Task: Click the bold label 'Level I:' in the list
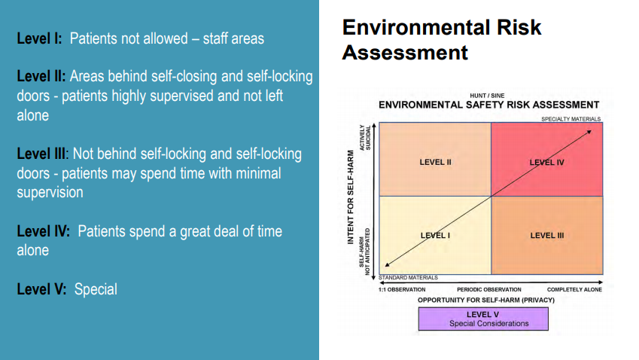click(40, 38)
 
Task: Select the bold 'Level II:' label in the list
click(41, 76)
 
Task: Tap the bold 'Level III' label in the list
click(41, 154)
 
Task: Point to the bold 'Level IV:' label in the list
click(43, 231)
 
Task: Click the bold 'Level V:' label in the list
click(41, 289)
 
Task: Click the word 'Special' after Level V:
click(96, 289)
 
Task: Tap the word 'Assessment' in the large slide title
click(405, 53)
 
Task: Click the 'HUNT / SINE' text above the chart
click(487, 96)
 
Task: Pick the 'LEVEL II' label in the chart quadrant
click(435, 162)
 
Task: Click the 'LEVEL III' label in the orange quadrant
click(547, 236)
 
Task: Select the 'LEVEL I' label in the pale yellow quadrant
click(435, 236)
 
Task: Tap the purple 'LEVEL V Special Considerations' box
click(483, 319)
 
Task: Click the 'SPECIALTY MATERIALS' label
click(571, 119)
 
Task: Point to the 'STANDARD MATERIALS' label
click(409, 278)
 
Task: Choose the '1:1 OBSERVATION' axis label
click(402, 289)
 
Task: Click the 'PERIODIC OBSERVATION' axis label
click(489, 289)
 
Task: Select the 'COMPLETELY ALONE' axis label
click(574, 289)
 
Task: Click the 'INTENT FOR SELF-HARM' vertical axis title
click(351, 197)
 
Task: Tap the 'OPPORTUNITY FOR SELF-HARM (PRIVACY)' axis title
click(486, 300)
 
